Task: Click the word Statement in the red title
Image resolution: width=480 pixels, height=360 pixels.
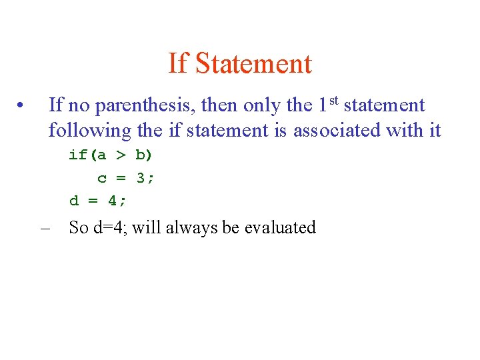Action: point(254,64)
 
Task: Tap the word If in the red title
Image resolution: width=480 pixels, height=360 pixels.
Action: point(177,64)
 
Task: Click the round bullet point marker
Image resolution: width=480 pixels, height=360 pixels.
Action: point(22,106)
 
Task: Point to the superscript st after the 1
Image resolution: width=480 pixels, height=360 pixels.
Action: point(334,101)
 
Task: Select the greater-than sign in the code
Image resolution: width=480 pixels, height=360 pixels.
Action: point(121,156)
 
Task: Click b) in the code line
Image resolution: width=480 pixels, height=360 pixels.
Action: point(144,156)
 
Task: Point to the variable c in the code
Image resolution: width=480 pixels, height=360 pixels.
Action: point(102,178)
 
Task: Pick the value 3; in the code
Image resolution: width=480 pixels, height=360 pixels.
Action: point(145,178)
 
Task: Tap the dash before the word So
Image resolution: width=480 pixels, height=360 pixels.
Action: point(45,228)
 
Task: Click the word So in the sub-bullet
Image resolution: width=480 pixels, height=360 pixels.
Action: point(79,228)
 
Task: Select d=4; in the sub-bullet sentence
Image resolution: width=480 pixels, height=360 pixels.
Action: point(111,228)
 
